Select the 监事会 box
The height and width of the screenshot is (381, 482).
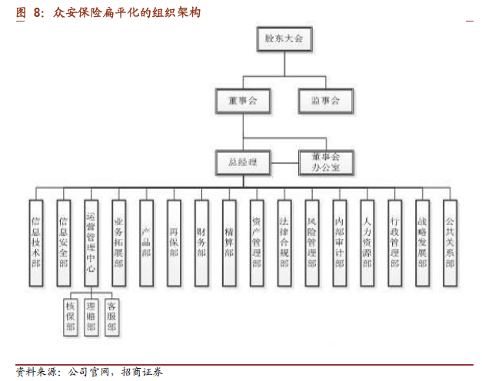click(x=326, y=100)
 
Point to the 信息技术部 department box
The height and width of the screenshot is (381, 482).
click(x=35, y=241)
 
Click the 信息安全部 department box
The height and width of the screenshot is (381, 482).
click(x=63, y=241)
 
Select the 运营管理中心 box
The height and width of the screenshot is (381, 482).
click(x=91, y=241)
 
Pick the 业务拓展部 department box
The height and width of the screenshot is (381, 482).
click(x=118, y=241)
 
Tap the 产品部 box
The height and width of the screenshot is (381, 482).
click(x=146, y=241)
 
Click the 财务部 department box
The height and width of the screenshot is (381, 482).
click(x=201, y=241)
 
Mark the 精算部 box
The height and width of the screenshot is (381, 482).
click(x=229, y=241)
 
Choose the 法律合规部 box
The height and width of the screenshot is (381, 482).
click(x=284, y=241)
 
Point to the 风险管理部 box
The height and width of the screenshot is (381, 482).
click(x=311, y=241)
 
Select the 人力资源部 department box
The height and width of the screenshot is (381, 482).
click(x=367, y=241)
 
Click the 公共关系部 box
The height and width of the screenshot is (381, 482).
click(x=450, y=241)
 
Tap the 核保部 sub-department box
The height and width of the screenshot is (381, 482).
click(x=71, y=316)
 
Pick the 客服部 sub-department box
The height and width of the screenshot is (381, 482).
click(x=111, y=316)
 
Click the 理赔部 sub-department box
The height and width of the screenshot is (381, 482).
click(x=91, y=316)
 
